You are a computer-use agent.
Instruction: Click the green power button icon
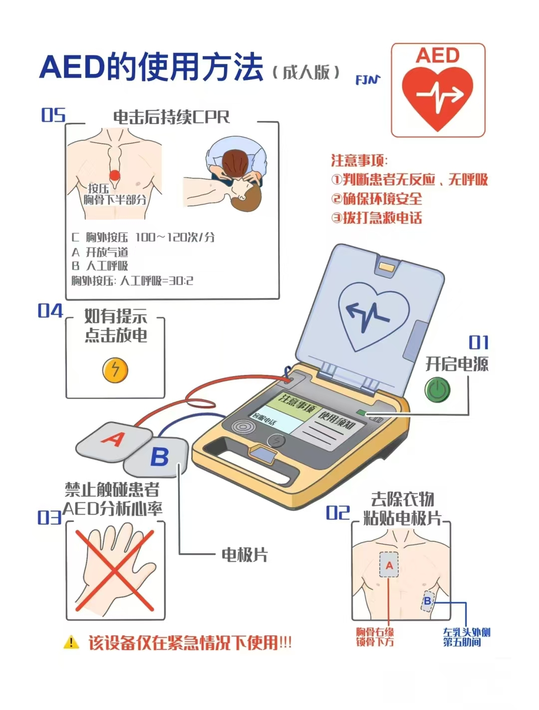point(437,389)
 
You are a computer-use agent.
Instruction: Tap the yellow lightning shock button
point(115,370)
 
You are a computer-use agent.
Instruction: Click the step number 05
point(53,115)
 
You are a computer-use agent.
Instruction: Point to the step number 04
point(50,311)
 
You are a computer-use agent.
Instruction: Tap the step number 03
point(49,518)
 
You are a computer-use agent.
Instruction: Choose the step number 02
point(338,513)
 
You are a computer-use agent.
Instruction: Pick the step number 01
point(479,343)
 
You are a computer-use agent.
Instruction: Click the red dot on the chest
point(115,175)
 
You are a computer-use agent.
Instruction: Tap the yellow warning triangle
point(71,642)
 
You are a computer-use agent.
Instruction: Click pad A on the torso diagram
point(389,565)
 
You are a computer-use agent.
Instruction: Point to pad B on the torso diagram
point(428,601)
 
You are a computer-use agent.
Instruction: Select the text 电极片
point(244,555)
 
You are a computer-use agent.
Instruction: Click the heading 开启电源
point(457,364)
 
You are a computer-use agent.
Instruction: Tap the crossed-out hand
point(115,569)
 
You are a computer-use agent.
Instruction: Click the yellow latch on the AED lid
point(386,267)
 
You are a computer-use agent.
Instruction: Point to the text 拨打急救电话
point(382,218)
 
